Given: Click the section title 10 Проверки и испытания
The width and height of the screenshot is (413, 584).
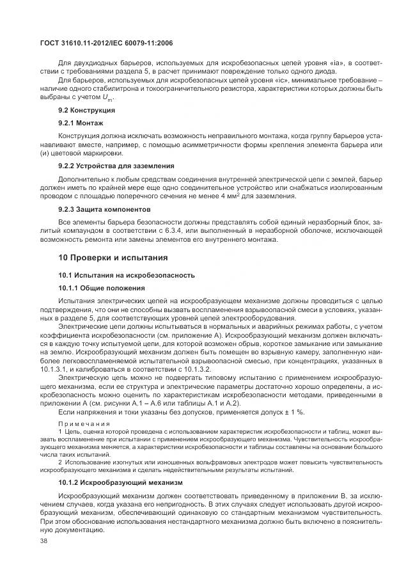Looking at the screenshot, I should tap(113, 258).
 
